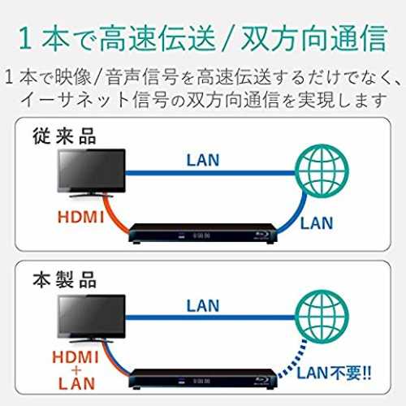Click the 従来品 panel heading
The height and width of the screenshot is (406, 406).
(x=64, y=136)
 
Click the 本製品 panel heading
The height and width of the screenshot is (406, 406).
(x=64, y=280)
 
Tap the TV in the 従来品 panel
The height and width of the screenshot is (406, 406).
(x=92, y=173)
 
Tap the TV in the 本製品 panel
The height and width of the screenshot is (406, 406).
(x=92, y=318)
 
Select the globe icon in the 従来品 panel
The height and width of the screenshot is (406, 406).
(x=322, y=171)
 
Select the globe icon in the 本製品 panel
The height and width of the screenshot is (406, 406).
(x=322, y=317)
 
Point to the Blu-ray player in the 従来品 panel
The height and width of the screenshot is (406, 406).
(x=202, y=234)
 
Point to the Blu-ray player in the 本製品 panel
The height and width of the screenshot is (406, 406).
(x=202, y=379)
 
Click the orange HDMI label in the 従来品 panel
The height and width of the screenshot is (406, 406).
(x=80, y=217)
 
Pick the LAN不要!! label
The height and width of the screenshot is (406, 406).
(x=334, y=373)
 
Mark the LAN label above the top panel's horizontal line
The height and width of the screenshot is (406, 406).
(x=203, y=160)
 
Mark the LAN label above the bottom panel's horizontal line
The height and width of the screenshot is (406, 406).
(x=203, y=306)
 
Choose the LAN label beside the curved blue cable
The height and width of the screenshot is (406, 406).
(x=317, y=223)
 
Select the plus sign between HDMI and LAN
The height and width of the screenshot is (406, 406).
(x=76, y=370)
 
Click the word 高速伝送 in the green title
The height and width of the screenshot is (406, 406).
(x=158, y=38)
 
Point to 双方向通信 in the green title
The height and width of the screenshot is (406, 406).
(x=314, y=38)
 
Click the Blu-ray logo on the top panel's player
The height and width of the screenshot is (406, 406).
(x=261, y=235)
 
